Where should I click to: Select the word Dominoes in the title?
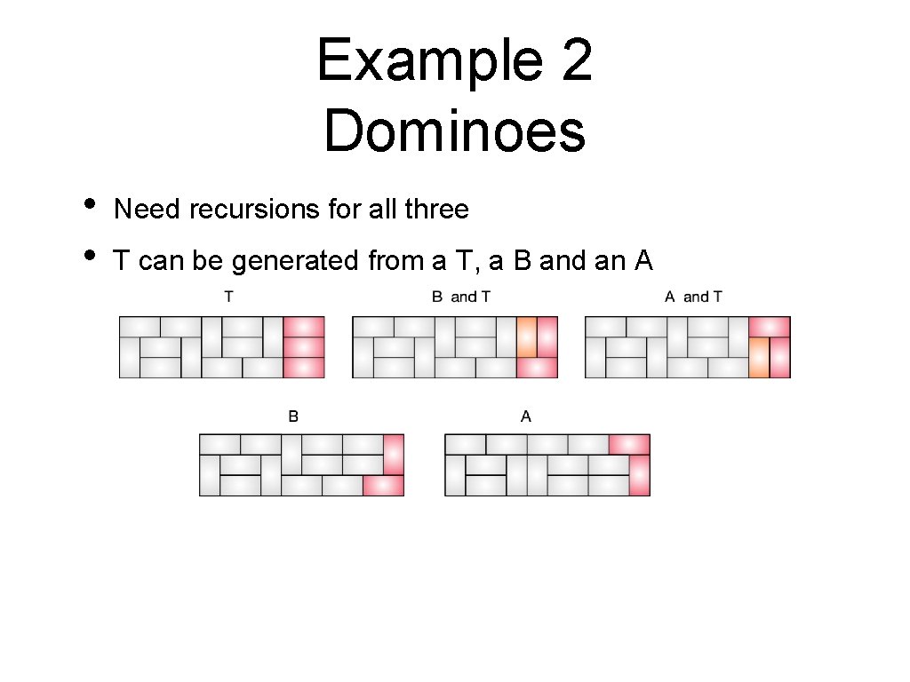454,131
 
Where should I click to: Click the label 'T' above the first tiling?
228,297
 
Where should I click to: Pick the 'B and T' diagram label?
460,297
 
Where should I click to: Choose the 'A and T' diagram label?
693,297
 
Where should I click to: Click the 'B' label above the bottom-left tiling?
293,416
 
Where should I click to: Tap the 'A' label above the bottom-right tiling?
526,416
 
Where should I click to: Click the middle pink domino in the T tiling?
304,346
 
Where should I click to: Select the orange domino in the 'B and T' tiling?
527,337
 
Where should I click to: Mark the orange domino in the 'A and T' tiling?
759,357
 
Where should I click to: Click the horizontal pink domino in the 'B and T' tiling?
537,367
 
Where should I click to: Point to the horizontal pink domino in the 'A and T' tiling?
770,327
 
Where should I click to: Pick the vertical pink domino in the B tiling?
394,455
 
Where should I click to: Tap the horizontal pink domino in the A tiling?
629,444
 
